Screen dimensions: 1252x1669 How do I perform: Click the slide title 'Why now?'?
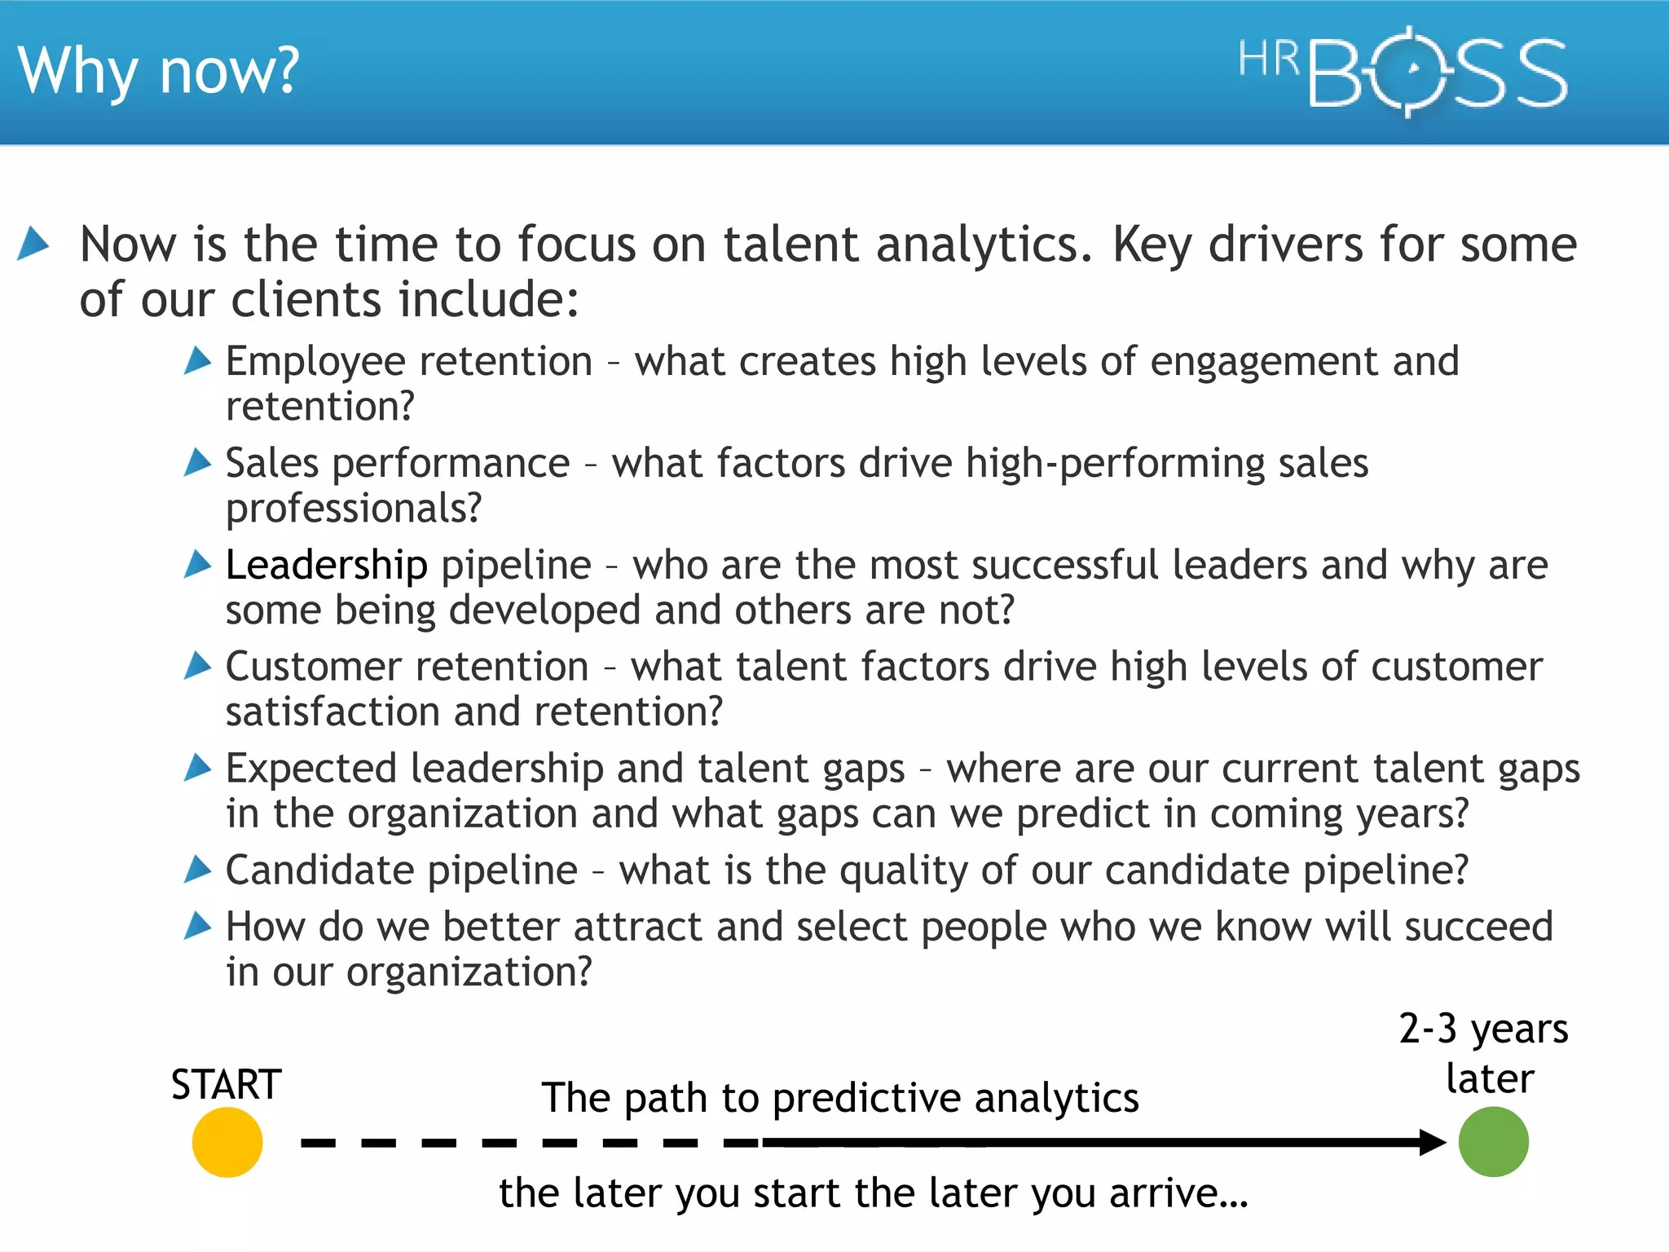coord(159,72)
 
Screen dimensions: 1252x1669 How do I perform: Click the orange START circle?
coord(227,1142)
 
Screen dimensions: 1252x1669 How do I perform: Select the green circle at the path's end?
coord(1493,1142)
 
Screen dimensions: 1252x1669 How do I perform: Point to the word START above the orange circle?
coord(226,1085)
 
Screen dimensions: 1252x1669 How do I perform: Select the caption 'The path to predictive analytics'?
coord(840,1098)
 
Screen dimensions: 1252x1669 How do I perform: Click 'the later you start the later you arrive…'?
coord(873,1193)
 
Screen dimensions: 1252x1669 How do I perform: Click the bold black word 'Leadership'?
coord(327,565)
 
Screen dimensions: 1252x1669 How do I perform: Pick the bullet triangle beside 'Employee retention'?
coord(197,360)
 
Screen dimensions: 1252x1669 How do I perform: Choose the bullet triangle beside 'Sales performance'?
coord(197,462)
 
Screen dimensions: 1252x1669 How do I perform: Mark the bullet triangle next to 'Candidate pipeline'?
coord(197,869)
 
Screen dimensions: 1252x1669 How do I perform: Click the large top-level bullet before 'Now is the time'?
coord(33,243)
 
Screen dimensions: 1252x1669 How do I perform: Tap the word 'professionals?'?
coord(354,508)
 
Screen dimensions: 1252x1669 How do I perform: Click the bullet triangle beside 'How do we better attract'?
coord(197,926)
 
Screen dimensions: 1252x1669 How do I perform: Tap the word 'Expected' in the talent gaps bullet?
coord(311,769)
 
